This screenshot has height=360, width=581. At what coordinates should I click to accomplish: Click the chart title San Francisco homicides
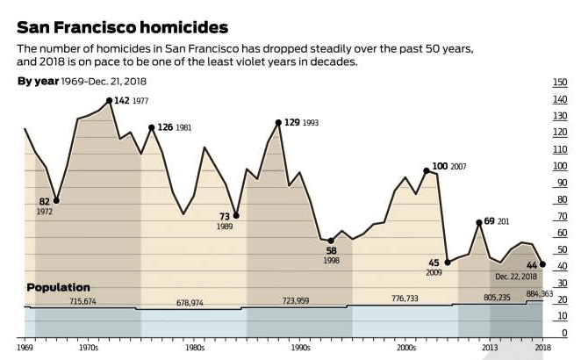pos(122,28)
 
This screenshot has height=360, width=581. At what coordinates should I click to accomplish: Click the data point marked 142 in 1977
pos(109,101)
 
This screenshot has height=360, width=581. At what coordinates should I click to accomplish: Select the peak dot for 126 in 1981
pos(152,127)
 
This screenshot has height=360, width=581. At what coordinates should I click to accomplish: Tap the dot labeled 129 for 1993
pos(278,123)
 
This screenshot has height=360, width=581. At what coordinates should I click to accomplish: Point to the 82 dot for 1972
pos(57,201)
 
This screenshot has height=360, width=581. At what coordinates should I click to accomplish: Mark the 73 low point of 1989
pos(236,216)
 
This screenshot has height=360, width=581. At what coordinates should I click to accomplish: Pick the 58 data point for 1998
pos(331,241)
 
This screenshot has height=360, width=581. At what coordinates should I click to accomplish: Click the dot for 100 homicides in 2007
pos(427,170)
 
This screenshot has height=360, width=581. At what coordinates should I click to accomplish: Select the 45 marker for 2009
pos(448,263)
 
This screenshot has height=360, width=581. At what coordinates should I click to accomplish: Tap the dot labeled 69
pos(479,222)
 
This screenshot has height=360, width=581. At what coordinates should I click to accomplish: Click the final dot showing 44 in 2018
pos(542,264)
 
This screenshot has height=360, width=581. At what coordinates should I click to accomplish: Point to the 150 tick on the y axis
pos(559,83)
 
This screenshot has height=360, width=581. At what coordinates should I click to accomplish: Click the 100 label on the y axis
pos(559,166)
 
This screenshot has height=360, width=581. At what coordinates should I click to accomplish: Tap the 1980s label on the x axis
pos(194,349)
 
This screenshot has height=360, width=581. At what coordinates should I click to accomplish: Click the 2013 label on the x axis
pos(489,349)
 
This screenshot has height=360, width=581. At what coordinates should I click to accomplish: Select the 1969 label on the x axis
pos(25,349)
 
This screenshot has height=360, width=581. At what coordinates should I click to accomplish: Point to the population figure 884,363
pos(539,294)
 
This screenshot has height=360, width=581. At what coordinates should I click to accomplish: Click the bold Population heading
pos(58,287)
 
